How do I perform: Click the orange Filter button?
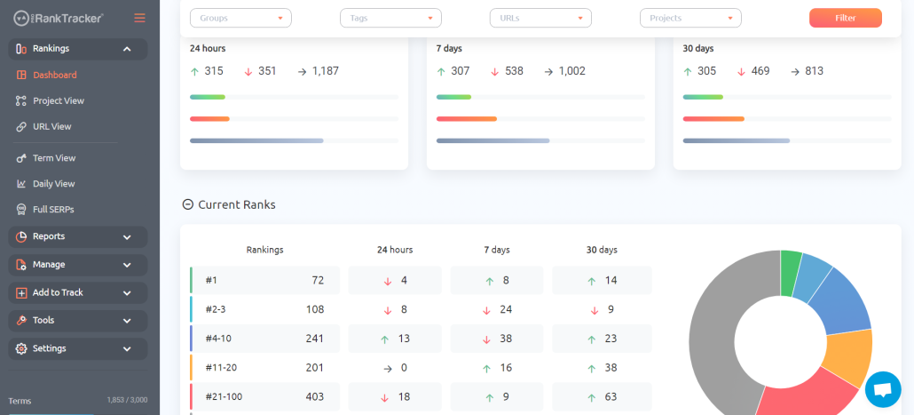[845, 18]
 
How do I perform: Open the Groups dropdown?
[240, 18]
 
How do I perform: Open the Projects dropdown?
[690, 18]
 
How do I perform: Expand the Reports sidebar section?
[77, 236]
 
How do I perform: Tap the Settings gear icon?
[21, 348]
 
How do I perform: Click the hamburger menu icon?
[139, 18]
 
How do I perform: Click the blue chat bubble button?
[883, 389]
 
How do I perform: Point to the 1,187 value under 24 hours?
[326, 71]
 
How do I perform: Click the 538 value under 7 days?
[514, 71]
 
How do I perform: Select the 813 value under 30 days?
[815, 71]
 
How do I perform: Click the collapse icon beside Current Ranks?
[188, 204]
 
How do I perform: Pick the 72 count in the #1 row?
[318, 280]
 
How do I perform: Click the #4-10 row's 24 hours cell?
[395, 339]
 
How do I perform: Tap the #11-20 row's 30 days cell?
[602, 368]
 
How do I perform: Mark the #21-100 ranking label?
[224, 397]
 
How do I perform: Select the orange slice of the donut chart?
[848, 357]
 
